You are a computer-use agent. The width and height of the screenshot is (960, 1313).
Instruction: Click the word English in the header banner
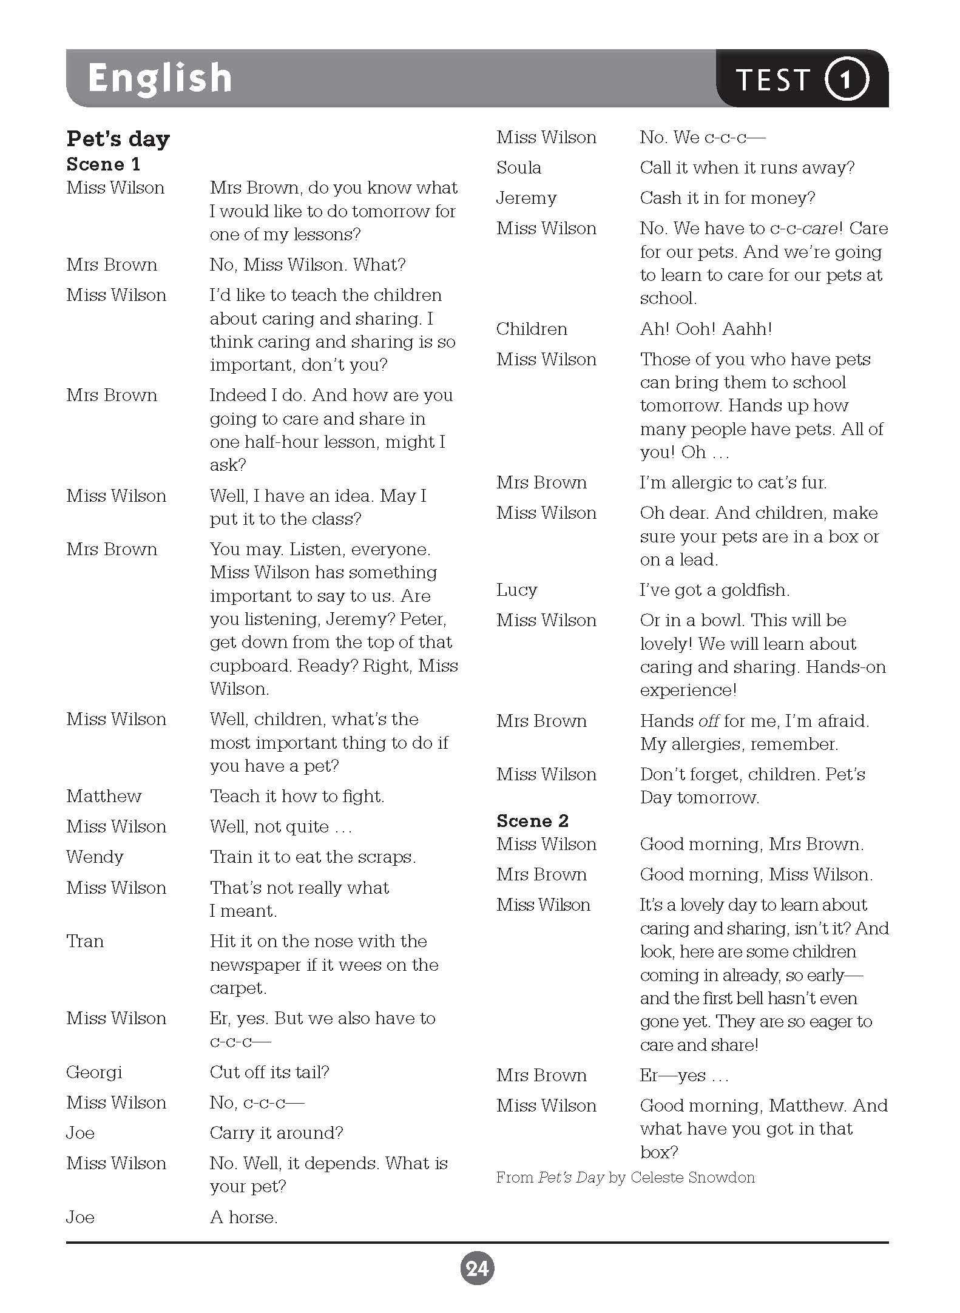pyautogui.click(x=160, y=78)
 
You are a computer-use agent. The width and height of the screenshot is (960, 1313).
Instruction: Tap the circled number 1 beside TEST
pyautogui.click(x=847, y=79)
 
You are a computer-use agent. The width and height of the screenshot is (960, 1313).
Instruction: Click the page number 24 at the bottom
pyautogui.click(x=478, y=1268)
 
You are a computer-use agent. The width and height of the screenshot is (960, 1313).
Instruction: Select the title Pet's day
pyautogui.click(x=118, y=139)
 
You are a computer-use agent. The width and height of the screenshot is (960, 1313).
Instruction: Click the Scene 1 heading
pyautogui.click(x=103, y=164)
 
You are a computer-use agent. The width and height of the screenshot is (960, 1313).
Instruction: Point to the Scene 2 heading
pyautogui.click(x=532, y=821)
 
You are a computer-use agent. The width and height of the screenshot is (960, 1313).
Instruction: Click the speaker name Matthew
pyautogui.click(x=104, y=796)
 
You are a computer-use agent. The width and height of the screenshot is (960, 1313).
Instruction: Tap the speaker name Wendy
pyautogui.click(x=95, y=857)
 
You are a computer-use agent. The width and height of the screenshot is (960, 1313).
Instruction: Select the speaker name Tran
pyautogui.click(x=85, y=941)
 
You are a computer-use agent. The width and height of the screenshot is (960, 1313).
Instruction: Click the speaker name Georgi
pyautogui.click(x=94, y=1072)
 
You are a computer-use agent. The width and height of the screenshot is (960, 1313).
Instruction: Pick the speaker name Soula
pyautogui.click(x=518, y=167)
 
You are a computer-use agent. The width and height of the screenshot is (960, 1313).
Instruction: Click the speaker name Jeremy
pyautogui.click(x=526, y=198)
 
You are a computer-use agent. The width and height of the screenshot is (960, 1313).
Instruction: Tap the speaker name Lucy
pyautogui.click(x=516, y=590)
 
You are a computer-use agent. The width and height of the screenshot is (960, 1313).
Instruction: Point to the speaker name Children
pyautogui.click(x=532, y=329)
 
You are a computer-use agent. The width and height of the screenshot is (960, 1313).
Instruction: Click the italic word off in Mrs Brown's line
pyautogui.click(x=709, y=721)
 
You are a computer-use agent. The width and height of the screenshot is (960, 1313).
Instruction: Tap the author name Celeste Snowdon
pyautogui.click(x=692, y=1178)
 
